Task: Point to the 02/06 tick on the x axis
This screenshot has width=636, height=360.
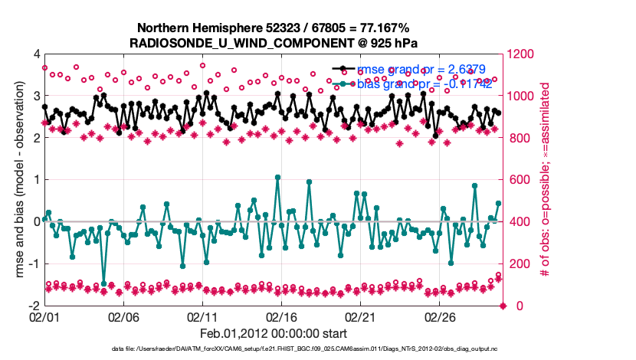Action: (x=123, y=316)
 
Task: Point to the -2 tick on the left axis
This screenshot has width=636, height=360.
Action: (x=34, y=306)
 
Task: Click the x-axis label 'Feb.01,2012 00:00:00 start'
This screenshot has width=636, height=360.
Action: (x=274, y=334)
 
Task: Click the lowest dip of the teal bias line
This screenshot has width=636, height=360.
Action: (x=104, y=283)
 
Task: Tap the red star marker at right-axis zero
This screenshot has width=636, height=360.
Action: (x=503, y=306)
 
